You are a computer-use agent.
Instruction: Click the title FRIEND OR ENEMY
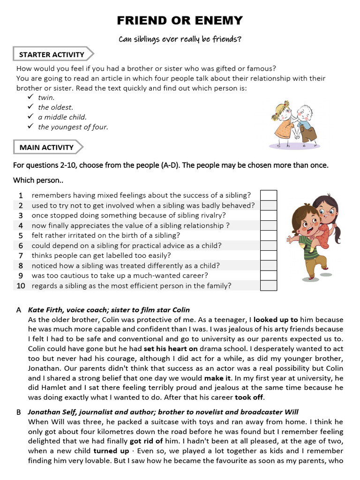pyautogui.click(x=180, y=21)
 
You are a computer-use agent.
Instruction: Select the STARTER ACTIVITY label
pyautogui.click(x=52, y=54)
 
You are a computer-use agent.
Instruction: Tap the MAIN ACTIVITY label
pyautogui.click(x=46, y=147)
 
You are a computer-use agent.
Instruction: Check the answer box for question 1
pyautogui.click(x=269, y=195)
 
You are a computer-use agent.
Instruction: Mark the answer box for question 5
pyautogui.click(x=269, y=235)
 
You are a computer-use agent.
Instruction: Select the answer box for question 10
pyautogui.click(x=269, y=285)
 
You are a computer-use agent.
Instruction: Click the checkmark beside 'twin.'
pyautogui.click(x=30, y=97)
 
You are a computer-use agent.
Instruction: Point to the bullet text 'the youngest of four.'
pyautogui.click(x=73, y=127)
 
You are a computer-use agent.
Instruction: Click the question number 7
pyautogui.click(x=21, y=255)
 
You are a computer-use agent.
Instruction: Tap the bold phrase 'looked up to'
pyautogui.click(x=276, y=320)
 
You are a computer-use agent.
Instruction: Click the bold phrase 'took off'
pyautogui.click(x=249, y=397)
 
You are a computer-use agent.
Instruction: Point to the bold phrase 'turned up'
pyautogui.click(x=111, y=451)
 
